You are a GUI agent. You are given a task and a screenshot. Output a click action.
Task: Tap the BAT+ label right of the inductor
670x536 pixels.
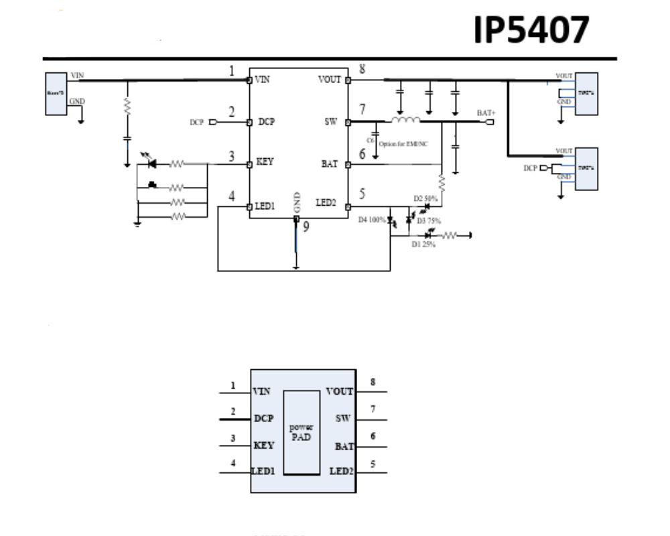click(x=486, y=113)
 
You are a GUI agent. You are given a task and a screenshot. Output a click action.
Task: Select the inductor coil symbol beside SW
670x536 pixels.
click(x=406, y=121)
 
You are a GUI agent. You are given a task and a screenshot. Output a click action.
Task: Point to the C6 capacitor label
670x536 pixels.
click(x=371, y=140)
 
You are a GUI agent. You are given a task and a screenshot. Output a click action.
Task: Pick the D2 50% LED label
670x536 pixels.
click(x=425, y=198)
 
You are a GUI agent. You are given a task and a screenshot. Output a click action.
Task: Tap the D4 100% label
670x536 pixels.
click(x=372, y=220)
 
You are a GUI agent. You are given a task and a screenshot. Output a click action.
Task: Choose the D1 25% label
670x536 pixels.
click(x=423, y=245)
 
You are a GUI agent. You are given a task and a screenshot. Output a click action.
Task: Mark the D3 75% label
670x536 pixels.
click(x=429, y=220)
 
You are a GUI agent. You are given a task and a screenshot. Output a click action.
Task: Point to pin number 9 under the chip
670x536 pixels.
click(x=306, y=227)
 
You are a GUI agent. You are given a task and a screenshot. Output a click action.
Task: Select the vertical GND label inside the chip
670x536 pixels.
click(x=297, y=202)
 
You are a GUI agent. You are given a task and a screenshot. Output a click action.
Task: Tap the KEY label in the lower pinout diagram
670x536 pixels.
click(x=263, y=445)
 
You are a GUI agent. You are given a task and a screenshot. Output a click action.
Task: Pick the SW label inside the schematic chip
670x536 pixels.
click(x=331, y=123)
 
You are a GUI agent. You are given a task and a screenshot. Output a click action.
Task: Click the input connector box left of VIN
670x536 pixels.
click(x=56, y=94)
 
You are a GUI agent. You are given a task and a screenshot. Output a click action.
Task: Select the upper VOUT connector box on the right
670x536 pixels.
click(x=586, y=94)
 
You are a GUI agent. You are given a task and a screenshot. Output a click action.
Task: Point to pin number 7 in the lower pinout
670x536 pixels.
click(x=373, y=409)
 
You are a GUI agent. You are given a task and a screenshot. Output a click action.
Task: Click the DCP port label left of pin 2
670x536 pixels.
click(x=196, y=123)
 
